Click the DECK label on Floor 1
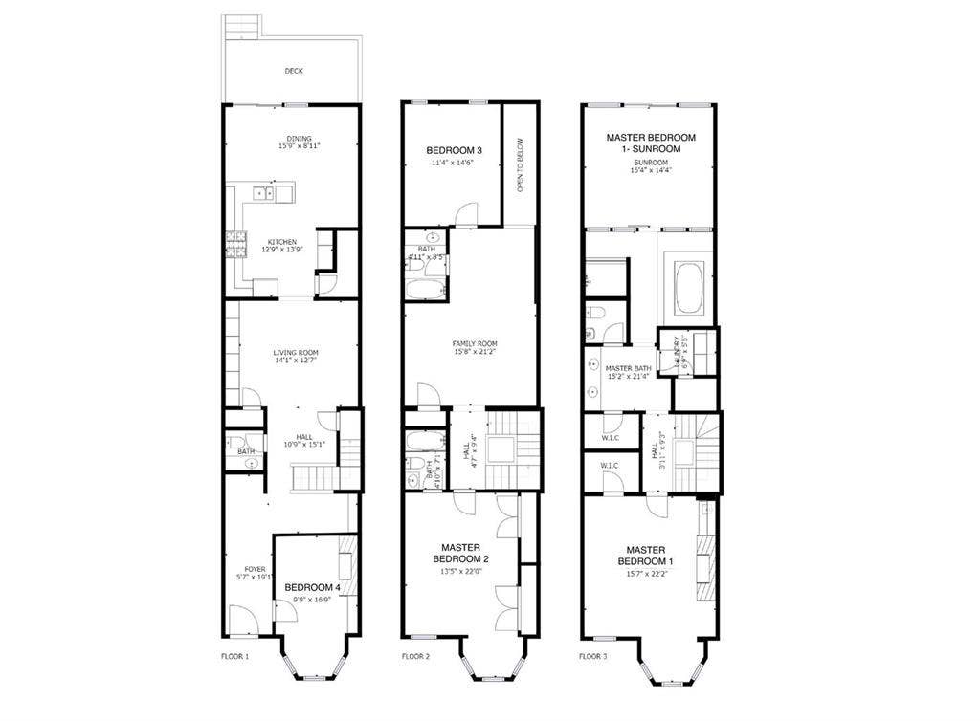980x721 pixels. click(293, 71)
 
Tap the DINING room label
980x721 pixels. click(300, 139)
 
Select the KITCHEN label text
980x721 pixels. click(281, 242)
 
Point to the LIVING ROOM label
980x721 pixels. click(296, 353)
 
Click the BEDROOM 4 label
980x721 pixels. click(312, 587)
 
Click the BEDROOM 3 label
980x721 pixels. click(454, 150)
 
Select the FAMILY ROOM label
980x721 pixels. click(475, 343)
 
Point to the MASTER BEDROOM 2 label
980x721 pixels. click(461, 553)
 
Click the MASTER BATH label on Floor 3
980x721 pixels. click(628, 368)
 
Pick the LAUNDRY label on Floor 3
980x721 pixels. click(678, 350)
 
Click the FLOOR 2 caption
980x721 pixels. click(414, 657)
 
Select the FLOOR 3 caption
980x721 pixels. click(592, 657)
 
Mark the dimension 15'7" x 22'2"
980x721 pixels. click(645, 574)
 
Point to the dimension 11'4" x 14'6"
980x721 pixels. click(454, 164)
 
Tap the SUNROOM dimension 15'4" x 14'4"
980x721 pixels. click(650, 171)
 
